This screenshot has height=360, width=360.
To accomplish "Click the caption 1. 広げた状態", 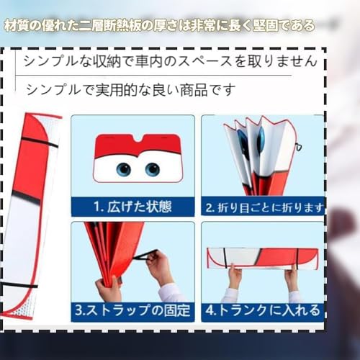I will click(133, 207).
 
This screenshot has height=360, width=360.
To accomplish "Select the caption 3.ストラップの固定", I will click(133, 311).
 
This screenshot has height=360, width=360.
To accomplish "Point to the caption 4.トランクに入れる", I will click(261, 311).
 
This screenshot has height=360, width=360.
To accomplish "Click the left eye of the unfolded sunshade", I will click(124, 169).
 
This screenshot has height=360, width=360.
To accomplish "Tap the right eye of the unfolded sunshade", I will click(152, 169).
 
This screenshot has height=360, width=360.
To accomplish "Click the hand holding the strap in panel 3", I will click(159, 267).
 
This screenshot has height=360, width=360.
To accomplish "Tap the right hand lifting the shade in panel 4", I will click(291, 276).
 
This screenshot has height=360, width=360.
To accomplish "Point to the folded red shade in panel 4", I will click(262, 258).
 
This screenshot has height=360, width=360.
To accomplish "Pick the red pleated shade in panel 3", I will click(108, 252).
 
